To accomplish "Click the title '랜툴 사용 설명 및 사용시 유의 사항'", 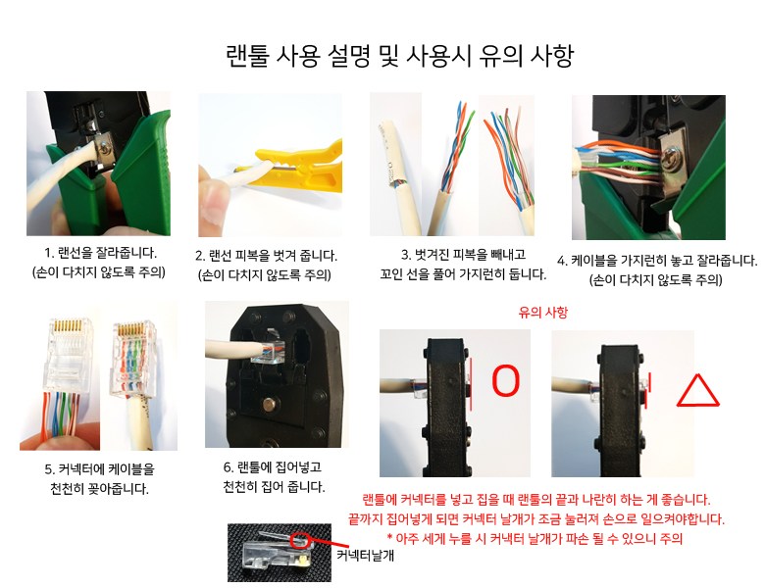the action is (x=399, y=56).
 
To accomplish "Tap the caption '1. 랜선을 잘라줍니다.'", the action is (x=100, y=253).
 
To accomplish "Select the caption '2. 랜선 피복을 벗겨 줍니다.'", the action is (x=266, y=256).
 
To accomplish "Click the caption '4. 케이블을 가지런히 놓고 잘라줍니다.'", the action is (x=657, y=261).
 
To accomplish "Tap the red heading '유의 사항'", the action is (x=543, y=313).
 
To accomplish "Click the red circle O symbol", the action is (x=505, y=380).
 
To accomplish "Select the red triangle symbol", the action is (x=697, y=391).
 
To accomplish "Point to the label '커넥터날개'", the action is (x=365, y=556).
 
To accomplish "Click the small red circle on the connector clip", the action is (x=299, y=539).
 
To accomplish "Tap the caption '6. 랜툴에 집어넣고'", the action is (x=273, y=467).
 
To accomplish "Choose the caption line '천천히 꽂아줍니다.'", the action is (x=99, y=489).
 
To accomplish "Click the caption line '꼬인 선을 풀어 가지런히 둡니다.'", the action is (x=463, y=274).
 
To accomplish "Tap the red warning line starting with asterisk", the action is (x=535, y=539).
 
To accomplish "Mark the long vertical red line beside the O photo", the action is (x=472, y=384).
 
